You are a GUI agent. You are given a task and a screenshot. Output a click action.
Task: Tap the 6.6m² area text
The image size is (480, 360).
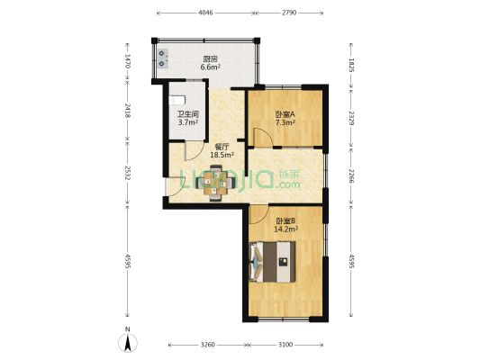[209, 67]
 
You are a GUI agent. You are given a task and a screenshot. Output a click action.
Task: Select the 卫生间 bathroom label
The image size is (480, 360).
[187, 114]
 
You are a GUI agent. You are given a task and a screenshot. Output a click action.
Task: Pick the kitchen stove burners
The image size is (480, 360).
[164, 57]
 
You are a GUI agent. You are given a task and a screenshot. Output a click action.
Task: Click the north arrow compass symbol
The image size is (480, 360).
[129, 342]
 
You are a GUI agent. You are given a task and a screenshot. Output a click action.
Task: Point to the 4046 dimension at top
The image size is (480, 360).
[205, 13]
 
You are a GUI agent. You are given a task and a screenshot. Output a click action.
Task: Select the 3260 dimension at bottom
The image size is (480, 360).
[207, 345]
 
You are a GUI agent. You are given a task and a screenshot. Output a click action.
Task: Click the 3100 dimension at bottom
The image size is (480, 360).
[285, 345]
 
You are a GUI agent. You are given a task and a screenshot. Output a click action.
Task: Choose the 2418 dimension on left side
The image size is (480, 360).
[128, 111]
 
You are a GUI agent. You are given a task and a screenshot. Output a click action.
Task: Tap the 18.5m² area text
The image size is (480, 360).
[222, 156]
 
